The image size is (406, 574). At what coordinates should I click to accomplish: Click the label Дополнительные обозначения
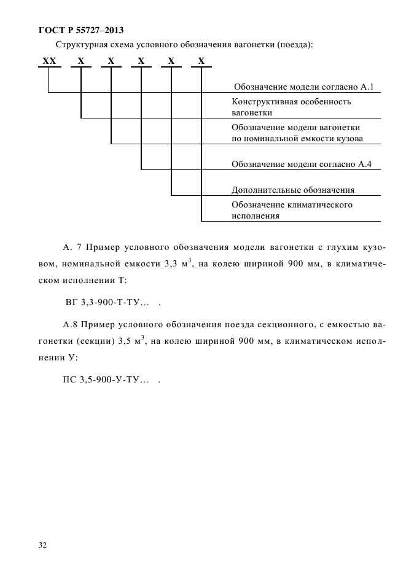pyautogui.click(x=293, y=190)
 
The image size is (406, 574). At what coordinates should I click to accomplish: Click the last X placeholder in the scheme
pyautogui.click(x=201, y=61)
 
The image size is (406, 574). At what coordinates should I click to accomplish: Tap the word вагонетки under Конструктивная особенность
pyautogui.click(x=252, y=113)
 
